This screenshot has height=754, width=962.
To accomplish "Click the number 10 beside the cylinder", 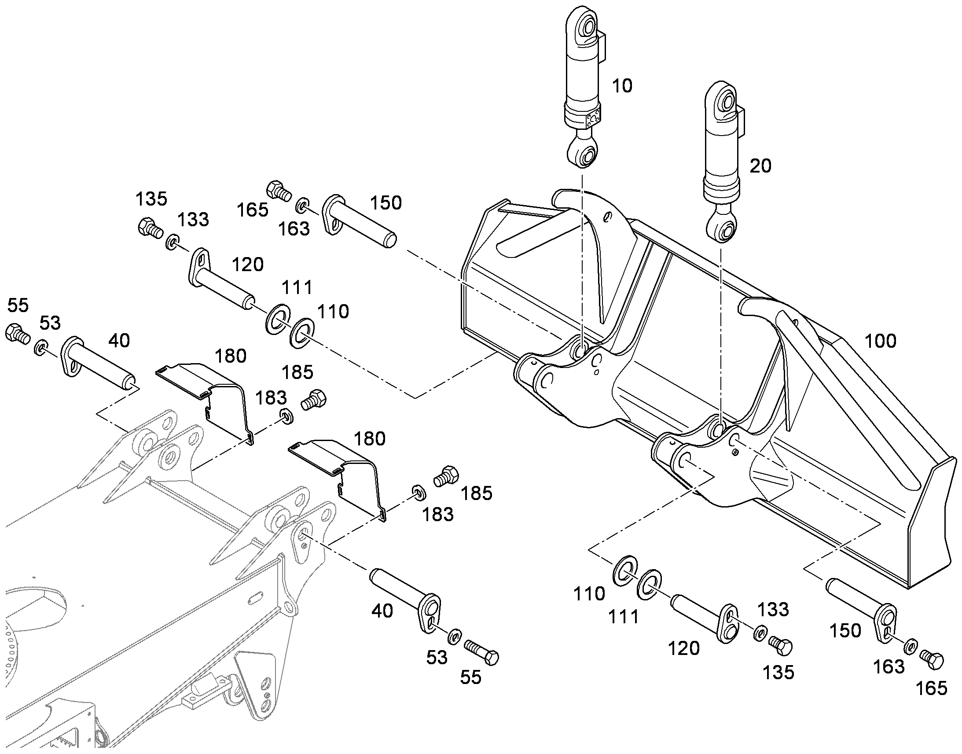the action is (x=622, y=86).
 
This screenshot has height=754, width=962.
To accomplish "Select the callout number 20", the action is (x=761, y=166).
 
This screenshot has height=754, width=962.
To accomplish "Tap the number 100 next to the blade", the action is (x=880, y=341).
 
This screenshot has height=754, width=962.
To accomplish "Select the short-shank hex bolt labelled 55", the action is (x=18, y=334).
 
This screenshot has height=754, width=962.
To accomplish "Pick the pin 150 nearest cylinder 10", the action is (x=359, y=220).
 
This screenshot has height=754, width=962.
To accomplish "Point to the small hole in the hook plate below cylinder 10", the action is (x=608, y=216).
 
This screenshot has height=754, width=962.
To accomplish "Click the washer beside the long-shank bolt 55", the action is (x=454, y=637).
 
